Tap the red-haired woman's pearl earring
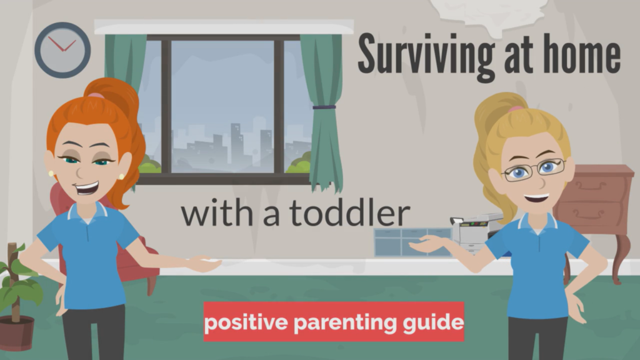coord(51,174)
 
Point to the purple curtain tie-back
coord(324,107)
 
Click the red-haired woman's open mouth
coord(87,187)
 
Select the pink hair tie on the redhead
coord(95,96)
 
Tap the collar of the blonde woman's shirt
coord(536,223)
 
